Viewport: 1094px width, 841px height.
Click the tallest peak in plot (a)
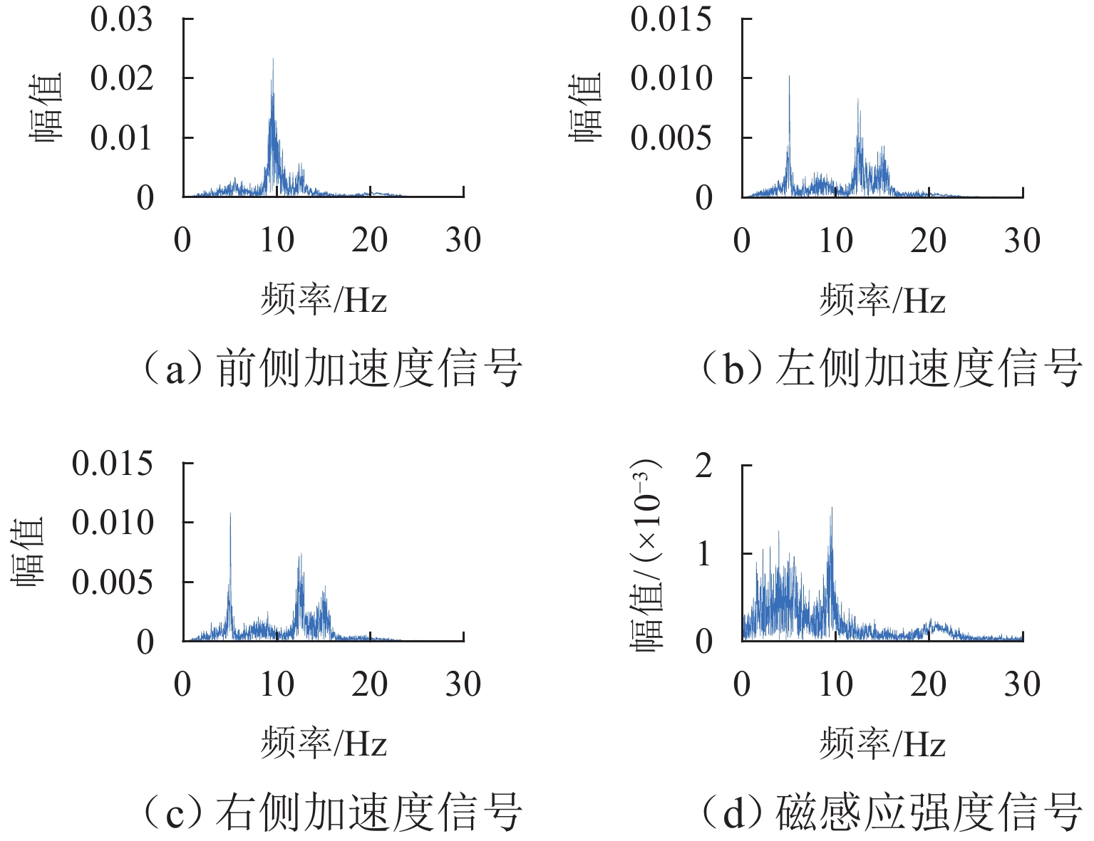pos(273,61)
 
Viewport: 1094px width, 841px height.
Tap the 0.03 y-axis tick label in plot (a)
pos(121,19)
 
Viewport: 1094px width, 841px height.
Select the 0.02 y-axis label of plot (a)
pos(121,78)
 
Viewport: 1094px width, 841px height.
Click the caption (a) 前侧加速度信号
pos(331,368)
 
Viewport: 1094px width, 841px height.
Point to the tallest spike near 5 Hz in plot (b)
pos(789,78)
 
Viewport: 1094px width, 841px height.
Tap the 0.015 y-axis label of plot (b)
pos(671,19)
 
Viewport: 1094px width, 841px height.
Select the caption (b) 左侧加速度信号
pos(890,368)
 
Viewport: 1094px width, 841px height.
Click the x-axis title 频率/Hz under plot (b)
pos(882,300)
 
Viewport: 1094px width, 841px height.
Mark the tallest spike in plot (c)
pos(230,515)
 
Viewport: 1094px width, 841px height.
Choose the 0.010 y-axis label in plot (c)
pos(113,523)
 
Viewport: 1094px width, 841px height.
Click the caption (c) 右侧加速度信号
pos(331,813)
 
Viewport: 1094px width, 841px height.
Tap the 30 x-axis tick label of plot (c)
pos(463,684)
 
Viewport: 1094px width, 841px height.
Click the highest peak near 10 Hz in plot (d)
pos(832,510)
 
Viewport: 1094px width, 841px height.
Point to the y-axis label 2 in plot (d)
pos(703,466)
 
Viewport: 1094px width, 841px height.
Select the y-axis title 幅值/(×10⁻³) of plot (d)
pos(647,553)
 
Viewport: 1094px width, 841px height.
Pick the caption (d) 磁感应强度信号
pos(890,813)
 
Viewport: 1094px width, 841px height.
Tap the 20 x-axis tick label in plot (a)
pos(369,240)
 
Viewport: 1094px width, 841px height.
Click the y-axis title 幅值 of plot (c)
pos(29,550)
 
